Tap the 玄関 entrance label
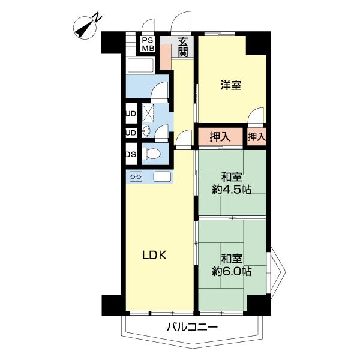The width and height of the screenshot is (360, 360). tap(182, 47)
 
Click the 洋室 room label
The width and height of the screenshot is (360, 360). tap(230, 85)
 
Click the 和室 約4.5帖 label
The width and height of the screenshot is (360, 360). tap(231, 184)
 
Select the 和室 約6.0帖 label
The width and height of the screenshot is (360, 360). tap(231, 265)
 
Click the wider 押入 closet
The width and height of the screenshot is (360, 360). tap(220, 137)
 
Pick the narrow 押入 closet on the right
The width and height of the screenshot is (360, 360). tap(257, 137)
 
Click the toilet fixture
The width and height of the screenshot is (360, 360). tap(152, 154)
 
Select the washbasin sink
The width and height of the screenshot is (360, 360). tap(146, 133)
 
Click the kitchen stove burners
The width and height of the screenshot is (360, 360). tap(136, 177)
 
